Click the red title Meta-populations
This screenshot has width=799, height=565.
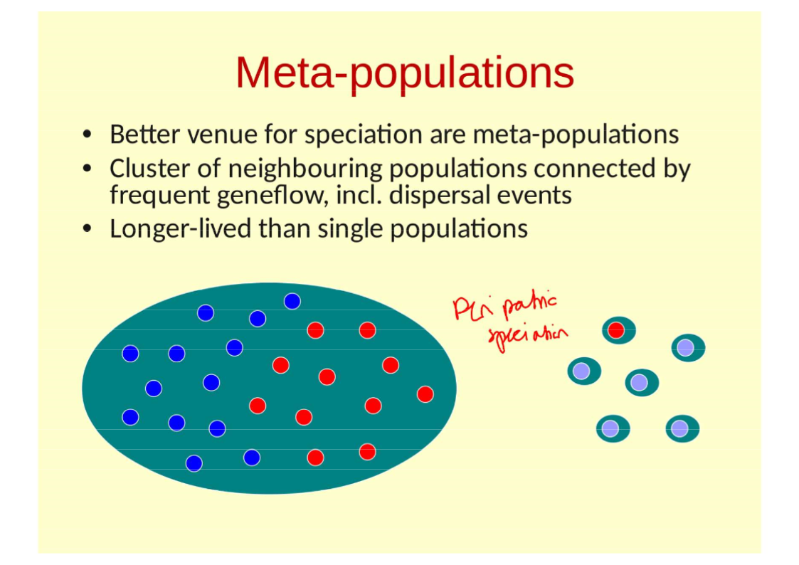click(x=404, y=72)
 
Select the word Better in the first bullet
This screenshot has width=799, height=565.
click(x=143, y=134)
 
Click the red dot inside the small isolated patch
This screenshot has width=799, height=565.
click(x=616, y=330)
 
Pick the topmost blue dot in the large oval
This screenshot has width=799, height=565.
click(x=292, y=301)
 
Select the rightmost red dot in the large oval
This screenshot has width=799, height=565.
click(x=425, y=394)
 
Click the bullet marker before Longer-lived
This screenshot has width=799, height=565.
click(x=87, y=229)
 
